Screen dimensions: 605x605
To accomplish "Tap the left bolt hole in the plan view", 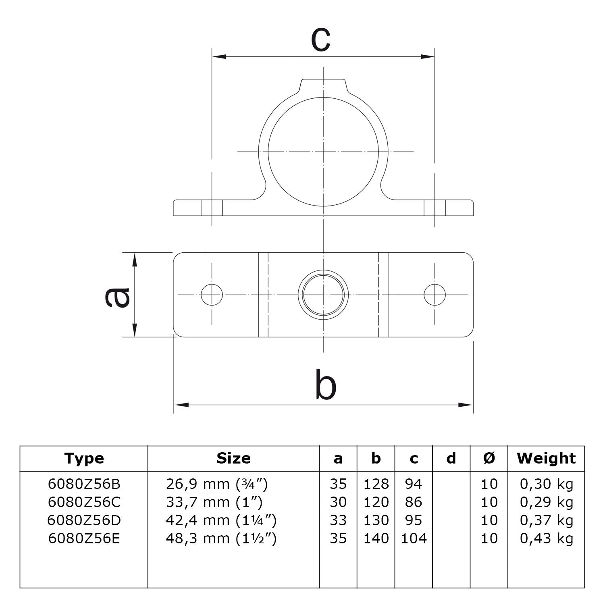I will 212,295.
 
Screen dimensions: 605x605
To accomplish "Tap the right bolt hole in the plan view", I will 435,295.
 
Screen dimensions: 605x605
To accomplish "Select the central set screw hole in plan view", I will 323,295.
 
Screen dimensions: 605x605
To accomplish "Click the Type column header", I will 84,458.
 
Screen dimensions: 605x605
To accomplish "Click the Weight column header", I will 546,458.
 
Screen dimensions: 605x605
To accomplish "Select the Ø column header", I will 489,458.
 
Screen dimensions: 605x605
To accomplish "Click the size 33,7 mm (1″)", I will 214,502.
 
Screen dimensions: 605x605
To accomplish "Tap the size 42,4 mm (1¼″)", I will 221,520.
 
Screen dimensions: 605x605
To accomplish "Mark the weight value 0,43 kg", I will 546,538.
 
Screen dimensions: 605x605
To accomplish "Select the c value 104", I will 414,538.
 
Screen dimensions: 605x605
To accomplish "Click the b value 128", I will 376,484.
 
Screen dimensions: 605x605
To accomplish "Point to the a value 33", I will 338,520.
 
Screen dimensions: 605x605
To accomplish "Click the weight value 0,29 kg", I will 546,502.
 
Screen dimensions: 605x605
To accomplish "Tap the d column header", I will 451,458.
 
